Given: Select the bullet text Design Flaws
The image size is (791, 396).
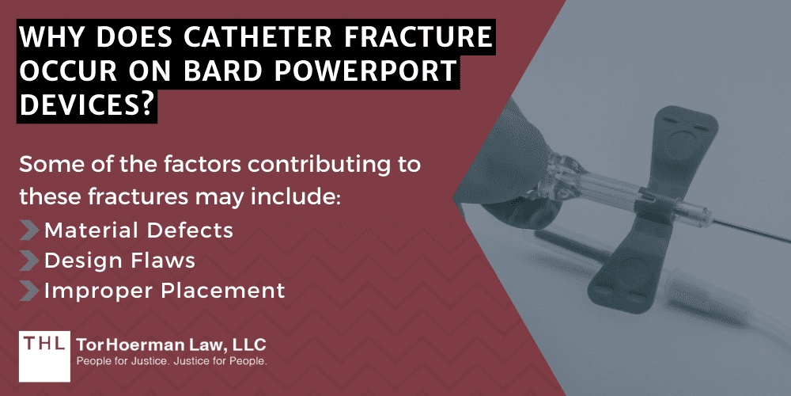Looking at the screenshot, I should point(119,260).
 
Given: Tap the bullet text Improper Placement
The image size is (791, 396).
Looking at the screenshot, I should point(165,291).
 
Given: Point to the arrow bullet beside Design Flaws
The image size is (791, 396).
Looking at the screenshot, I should point(29,260).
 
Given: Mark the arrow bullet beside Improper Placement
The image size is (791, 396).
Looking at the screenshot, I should point(29,291).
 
